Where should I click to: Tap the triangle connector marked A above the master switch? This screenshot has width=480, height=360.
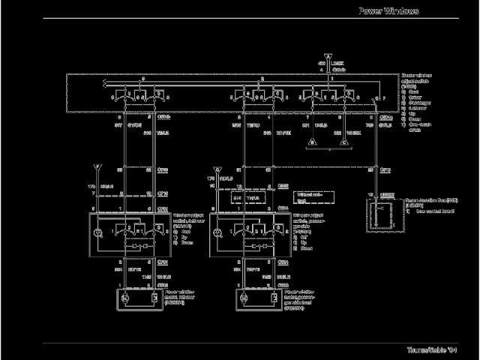tap(327, 56)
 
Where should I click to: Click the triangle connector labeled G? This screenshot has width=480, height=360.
tap(217, 169)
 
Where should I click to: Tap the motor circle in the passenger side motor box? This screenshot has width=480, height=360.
tap(246, 298)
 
